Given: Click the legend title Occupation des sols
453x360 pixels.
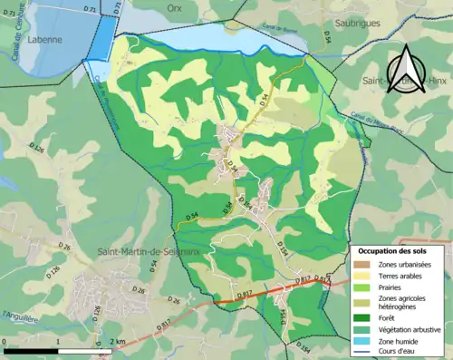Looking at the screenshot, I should click(x=398, y=249).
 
